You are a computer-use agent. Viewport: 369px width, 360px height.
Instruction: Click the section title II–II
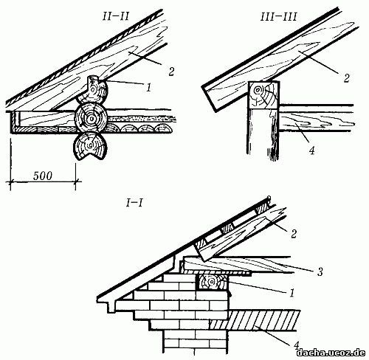point(115,17)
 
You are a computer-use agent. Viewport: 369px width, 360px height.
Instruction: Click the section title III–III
point(278,17)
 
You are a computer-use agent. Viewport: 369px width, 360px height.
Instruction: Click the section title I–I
point(134,204)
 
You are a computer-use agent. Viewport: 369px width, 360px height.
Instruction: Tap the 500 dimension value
point(43,176)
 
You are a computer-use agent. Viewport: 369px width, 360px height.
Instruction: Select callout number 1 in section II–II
point(148,87)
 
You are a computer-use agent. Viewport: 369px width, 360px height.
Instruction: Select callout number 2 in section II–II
point(171,72)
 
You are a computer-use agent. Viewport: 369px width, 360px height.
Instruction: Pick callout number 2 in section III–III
point(346,77)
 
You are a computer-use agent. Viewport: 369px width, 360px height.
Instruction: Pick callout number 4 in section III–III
point(311,150)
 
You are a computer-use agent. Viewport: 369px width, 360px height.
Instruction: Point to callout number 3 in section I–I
point(320,271)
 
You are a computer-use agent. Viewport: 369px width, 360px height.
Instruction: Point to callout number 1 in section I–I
point(292,293)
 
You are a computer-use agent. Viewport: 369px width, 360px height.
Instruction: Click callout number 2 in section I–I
point(294,234)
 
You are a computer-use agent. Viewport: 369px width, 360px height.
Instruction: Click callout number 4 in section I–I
point(297,345)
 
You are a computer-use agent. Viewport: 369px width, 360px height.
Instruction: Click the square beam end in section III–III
point(263,95)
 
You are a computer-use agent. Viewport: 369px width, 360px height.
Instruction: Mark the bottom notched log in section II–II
point(89,146)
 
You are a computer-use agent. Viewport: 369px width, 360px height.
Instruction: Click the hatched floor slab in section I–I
point(255,320)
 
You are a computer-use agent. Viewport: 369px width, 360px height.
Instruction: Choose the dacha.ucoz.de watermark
point(331,353)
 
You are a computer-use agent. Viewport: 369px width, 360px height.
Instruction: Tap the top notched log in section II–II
point(92,90)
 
